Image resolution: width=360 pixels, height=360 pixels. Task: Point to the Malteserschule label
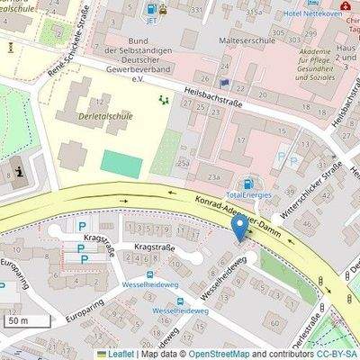pyautogui.click(x=239, y=40)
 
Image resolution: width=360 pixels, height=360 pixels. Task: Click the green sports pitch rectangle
pyautogui.click(x=121, y=164)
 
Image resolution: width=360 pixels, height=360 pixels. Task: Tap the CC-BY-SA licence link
pyautogui.click(x=337, y=354)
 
